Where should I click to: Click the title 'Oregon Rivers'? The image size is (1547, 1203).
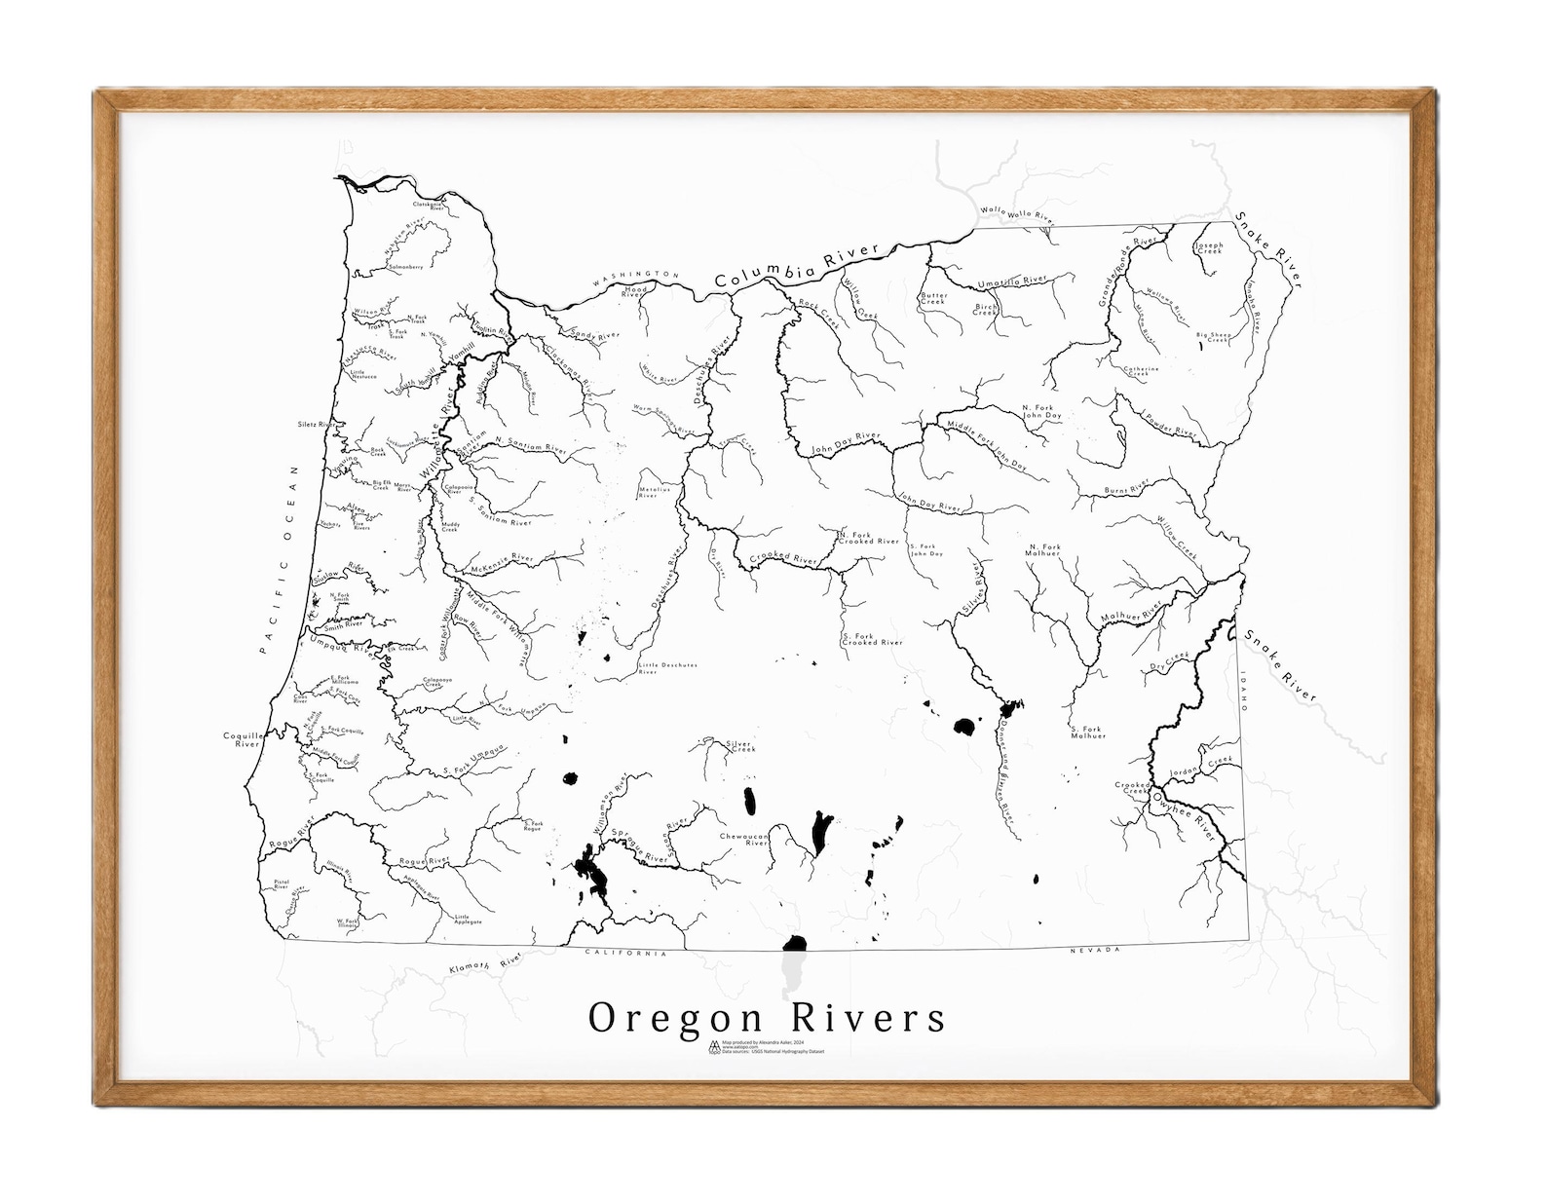[767, 1018]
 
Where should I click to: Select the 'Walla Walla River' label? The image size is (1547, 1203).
[1017, 212]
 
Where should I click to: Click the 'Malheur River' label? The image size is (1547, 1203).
[1130, 614]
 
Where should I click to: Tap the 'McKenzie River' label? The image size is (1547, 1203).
[502, 561]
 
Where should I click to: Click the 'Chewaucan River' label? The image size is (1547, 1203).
[744, 840]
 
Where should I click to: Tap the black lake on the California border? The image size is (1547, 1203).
[796, 943]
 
